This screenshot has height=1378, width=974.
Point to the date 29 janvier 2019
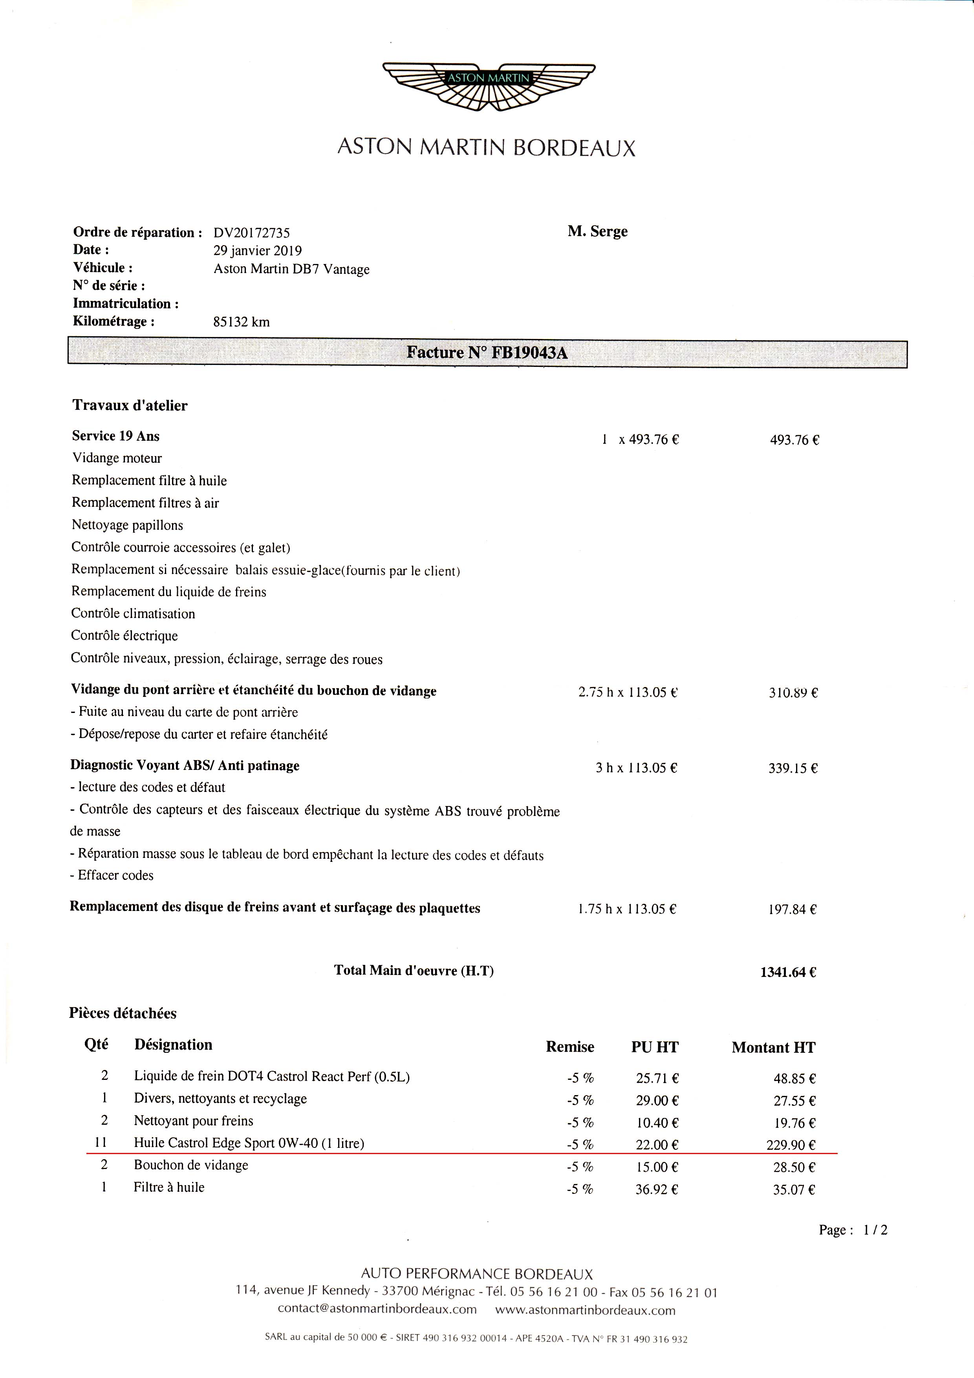point(258,250)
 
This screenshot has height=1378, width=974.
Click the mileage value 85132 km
point(241,322)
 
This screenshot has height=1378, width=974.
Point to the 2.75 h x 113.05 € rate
point(628,692)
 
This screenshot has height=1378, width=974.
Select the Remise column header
point(569,1047)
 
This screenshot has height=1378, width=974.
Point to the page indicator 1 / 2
point(875,1230)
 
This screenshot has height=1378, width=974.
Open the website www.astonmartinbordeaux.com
point(585,1310)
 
